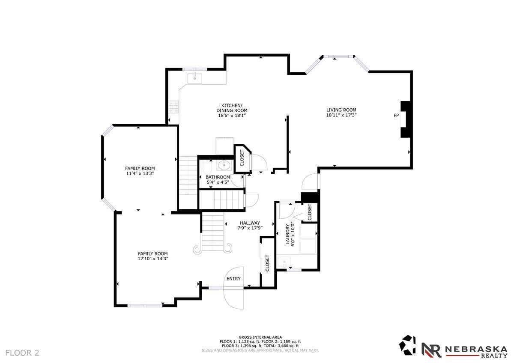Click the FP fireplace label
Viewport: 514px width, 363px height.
click(396, 116)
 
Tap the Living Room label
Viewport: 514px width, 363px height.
click(341, 110)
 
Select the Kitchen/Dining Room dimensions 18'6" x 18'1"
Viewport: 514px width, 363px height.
click(232, 116)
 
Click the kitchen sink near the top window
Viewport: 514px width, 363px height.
click(195, 78)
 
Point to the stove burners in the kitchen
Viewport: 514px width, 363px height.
click(174, 107)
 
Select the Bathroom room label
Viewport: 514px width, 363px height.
click(218, 177)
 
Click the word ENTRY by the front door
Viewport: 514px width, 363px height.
click(233, 279)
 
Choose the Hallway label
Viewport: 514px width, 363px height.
click(250, 223)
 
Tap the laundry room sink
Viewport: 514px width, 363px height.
click(284, 262)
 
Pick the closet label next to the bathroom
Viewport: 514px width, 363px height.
click(242, 158)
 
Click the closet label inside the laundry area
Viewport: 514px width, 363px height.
click(310, 212)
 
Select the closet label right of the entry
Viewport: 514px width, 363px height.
click(267, 263)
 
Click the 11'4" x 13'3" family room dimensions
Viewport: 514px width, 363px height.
click(140, 174)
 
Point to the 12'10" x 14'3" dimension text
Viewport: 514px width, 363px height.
click(153, 259)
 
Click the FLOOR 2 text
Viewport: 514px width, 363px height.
click(22, 353)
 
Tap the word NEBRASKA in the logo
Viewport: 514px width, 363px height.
click(476, 349)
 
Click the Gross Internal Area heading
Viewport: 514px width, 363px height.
click(260, 337)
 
